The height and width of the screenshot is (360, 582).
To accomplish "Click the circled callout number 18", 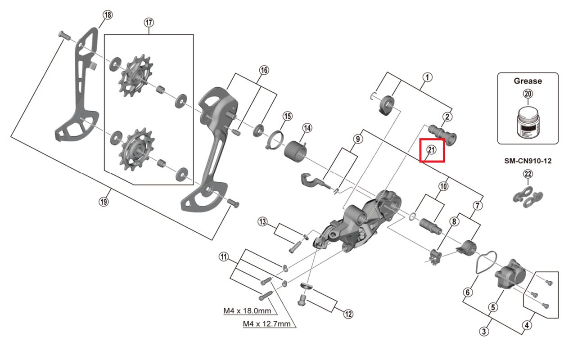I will coord(107,15).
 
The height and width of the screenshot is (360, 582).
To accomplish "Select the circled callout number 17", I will coord(149,22).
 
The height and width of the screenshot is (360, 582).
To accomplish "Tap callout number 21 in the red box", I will coord(432,150).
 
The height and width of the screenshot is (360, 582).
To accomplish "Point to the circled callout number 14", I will coord(307,128).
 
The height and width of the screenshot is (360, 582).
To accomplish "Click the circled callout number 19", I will coord(104,202).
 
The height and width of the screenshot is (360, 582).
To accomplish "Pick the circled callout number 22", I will coord(528,174).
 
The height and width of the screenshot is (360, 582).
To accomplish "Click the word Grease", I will coord(528,81).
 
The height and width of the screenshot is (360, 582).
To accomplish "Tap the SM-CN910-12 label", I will coord(528,160).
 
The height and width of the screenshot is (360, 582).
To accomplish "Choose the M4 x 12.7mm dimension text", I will coord(266,323).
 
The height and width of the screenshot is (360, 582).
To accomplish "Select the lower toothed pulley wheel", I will coord(135,148).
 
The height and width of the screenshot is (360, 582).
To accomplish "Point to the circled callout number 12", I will coord(348,314).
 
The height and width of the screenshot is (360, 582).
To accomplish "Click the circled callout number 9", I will coord(357,139).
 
